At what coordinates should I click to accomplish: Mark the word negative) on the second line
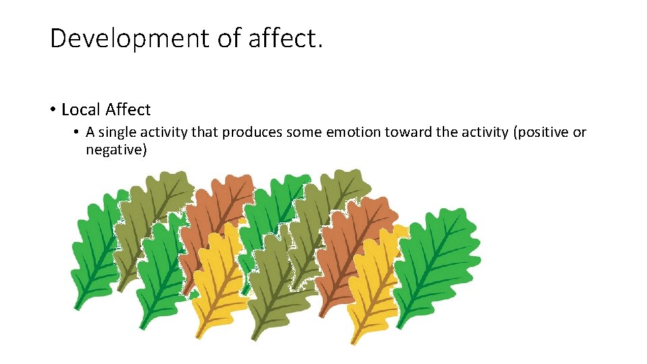[x=116, y=150]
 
